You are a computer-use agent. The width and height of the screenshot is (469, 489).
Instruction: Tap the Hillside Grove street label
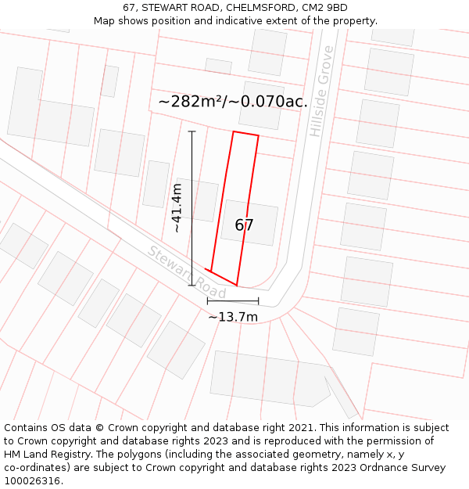click(321, 92)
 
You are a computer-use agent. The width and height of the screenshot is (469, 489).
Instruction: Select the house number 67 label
click(244, 225)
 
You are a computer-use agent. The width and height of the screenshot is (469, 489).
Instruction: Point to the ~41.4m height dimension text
click(177, 208)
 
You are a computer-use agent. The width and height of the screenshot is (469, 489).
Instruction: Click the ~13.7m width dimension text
click(232, 317)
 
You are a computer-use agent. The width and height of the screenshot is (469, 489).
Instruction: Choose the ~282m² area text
click(190, 102)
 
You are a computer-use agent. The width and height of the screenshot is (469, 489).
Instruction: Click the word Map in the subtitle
click(105, 20)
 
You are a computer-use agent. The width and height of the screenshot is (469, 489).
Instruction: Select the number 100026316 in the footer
click(32, 480)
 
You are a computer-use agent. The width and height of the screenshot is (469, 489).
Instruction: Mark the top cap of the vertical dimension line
click(192, 131)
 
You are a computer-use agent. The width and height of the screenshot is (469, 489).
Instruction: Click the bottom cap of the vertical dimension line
click(192, 285)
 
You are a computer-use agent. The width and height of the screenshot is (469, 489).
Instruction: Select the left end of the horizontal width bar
click(207, 301)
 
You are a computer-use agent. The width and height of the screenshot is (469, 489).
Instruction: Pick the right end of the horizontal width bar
click(258, 301)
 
